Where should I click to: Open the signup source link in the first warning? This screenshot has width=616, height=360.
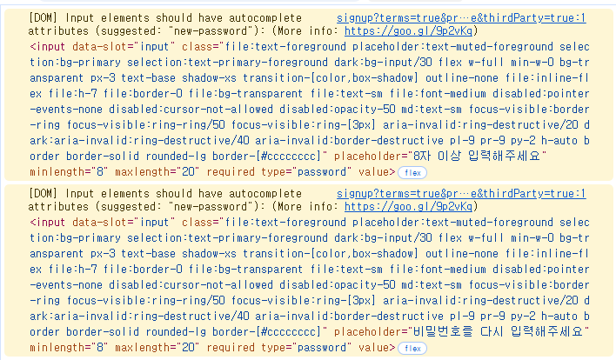pos(460,17)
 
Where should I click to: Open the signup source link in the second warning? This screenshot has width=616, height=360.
pos(460,193)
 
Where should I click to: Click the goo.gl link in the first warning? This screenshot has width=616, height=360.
pos(409,30)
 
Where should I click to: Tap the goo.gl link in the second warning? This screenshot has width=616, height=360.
pos(409,206)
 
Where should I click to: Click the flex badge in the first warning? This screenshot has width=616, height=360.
pos(412,172)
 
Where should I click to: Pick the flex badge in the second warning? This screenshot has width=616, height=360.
pos(412,348)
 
